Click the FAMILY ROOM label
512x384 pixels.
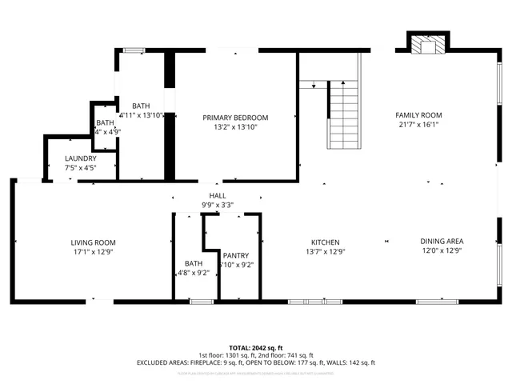point(419,115)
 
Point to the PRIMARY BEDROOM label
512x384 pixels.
point(235,118)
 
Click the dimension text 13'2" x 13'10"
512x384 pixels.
point(235,127)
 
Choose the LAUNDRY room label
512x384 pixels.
point(80,158)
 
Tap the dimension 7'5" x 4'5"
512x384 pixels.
point(80,168)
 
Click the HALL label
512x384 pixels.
point(218,196)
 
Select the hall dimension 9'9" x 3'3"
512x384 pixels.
point(218,206)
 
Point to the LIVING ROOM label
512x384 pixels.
point(94,242)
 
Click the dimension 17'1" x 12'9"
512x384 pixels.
point(94,252)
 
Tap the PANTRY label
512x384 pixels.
point(237,255)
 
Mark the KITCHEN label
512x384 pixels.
point(326,242)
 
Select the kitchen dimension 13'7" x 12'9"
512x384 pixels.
point(326,252)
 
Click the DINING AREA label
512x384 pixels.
point(442,242)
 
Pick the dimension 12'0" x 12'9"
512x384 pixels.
point(442,251)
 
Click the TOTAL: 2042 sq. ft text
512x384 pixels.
point(256,348)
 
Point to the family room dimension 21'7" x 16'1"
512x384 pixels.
point(419,125)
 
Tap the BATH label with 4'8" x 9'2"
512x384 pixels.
point(194,263)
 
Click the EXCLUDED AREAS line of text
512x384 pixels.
point(256,363)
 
